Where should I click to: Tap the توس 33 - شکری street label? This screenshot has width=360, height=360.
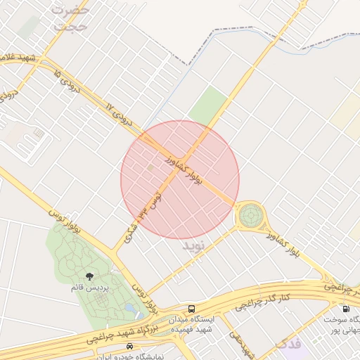click(x=143, y=217)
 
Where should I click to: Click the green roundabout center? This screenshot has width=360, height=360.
click(x=250, y=215)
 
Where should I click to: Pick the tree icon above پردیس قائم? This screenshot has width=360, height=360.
click(x=89, y=276)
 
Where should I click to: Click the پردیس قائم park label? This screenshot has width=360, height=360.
click(x=89, y=288)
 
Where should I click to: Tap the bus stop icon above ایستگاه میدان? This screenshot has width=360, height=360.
click(x=192, y=309)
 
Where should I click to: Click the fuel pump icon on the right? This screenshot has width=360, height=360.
click(x=345, y=308)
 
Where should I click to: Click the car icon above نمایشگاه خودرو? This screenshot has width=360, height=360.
click(x=129, y=347)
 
